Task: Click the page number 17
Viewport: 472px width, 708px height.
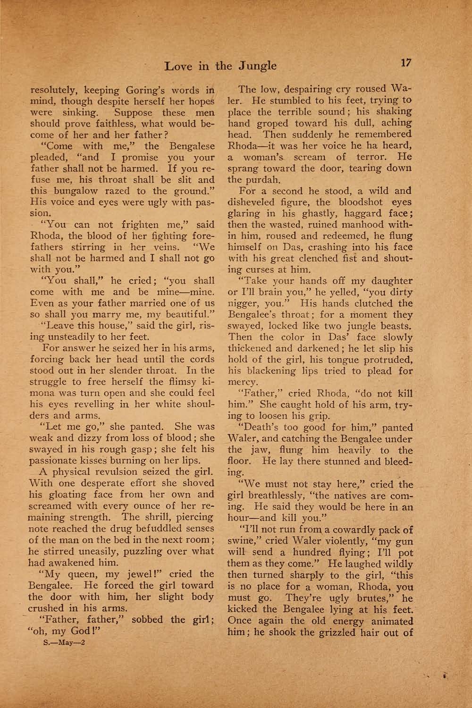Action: click(406, 63)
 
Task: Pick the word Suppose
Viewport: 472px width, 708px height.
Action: click(133, 112)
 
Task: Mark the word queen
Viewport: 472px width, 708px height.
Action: click(87, 574)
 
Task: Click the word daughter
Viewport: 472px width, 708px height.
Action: click(389, 281)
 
